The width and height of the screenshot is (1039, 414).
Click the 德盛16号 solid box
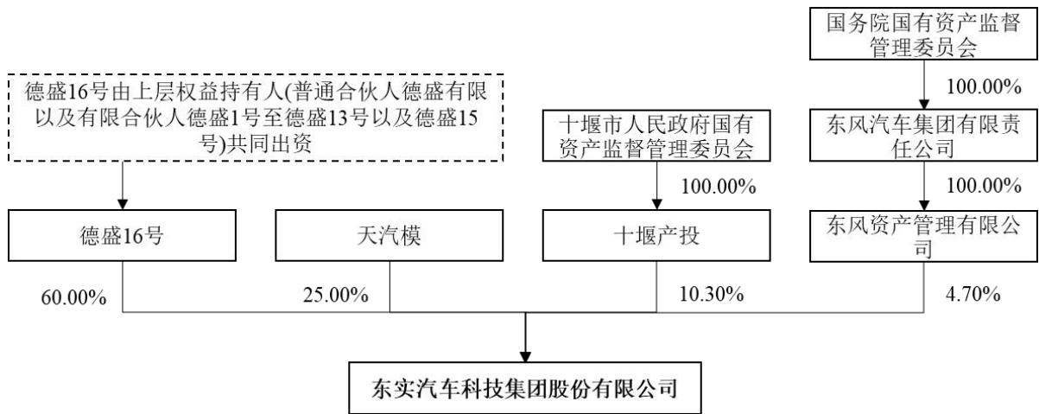pyautogui.click(x=122, y=235)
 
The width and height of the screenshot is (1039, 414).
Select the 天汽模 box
pyautogui.click(x=390, y=235)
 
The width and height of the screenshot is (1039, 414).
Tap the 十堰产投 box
pyautogui.click(x=656, y=235)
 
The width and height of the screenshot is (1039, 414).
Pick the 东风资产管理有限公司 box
pyautogui.click(x=923, y=236)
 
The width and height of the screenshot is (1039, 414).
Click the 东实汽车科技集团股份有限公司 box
pyautogui.click(x=525, y=388)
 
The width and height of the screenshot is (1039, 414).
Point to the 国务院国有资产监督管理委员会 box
pyautogui.click(x=923, y=34)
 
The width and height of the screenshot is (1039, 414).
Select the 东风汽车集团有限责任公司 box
pyautogui.click(x=923, y=136)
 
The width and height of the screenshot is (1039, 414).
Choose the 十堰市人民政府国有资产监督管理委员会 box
pyautogui.click(x=656, y=136)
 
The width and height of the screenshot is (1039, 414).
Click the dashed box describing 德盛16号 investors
pyautogui.click(x=256, y=118)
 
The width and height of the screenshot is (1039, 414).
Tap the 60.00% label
pyautogui.click(x=73, y=297)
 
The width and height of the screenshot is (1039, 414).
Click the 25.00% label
pyautogui.click(x=336, y=295)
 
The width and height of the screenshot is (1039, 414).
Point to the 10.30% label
pyautogui.click(x=712, y=294)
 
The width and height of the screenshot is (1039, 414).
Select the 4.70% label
pyautogui.click(x=972, y=294)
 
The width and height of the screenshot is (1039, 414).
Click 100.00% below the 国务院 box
pyautogui.click(x=984, y=86)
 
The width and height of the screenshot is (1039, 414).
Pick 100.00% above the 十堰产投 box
pyautogui.click(x=719, y=187)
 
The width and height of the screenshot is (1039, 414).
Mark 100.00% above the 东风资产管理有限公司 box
pyautogui.click(x=984, y=186)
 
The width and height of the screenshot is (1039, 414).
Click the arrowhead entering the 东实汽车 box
pyautogui.click(x=525, y=356)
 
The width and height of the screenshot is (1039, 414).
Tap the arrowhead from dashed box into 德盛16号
pyautogui.click(x=123, y=204)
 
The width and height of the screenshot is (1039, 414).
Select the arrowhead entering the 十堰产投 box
pyautogui.click(x=656, y=204)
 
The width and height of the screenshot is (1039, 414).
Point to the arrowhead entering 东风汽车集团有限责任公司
pyautogui.click(x=924, y=104)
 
